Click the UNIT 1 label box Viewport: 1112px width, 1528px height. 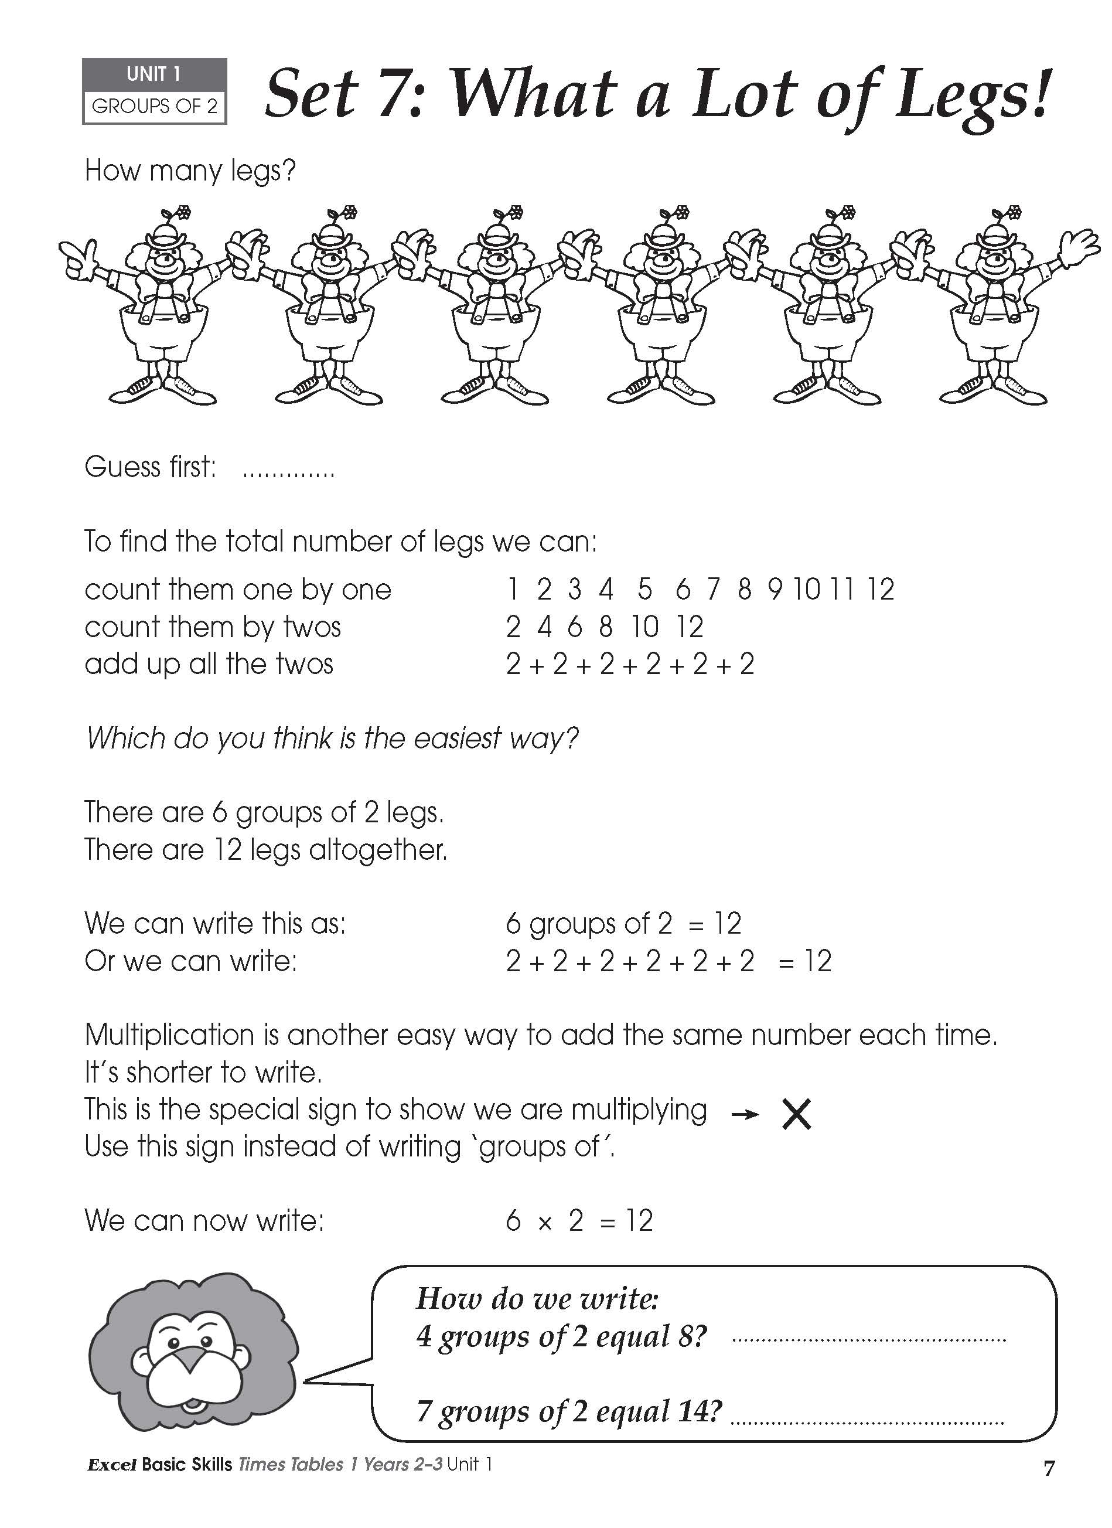click(154, 74)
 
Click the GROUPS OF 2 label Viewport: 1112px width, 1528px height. click(154, 107)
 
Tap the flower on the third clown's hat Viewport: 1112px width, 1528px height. click(517, 213)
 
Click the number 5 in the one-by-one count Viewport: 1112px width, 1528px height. click(644, 590)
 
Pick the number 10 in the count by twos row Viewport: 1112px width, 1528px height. click(644, 627)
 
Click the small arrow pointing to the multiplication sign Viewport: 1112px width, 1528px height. click(745, 1115)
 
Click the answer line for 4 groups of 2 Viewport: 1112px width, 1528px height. click(869, 1340)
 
